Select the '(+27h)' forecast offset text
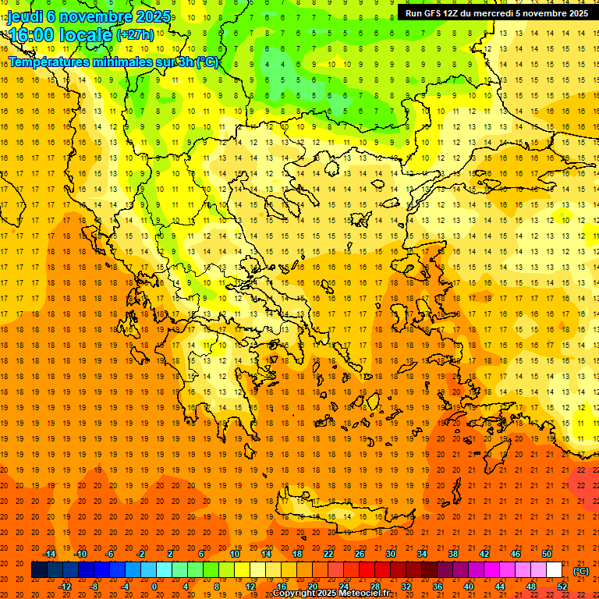(135, 35)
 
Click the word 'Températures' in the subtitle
(47, 62)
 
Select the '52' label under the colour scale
(562, 587)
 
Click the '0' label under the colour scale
(154, 587)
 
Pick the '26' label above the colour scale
(359, 554)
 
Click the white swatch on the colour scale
(554, 570)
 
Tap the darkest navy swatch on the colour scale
(39, 570)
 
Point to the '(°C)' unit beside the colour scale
(581, 571)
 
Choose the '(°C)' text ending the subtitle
(207, 62)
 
